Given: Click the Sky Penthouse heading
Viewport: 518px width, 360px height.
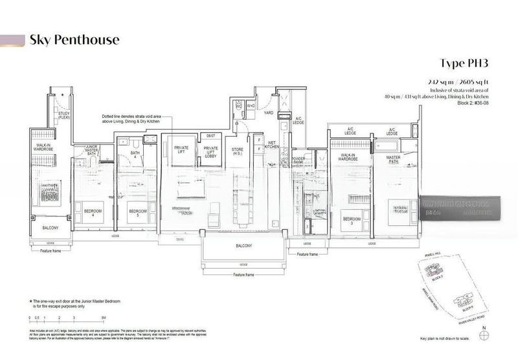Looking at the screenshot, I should [x=74, y=40].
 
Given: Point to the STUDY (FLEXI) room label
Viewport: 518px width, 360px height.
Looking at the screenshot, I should [x=63, y=116].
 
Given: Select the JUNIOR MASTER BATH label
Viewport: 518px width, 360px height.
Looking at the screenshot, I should [x=86, y=150].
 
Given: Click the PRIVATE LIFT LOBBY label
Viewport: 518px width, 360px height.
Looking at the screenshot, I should [x=210, y=152].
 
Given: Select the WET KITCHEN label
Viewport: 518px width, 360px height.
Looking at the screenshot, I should [x=272, y=146].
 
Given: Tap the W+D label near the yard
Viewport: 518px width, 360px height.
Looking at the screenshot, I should [x=250, y=105].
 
